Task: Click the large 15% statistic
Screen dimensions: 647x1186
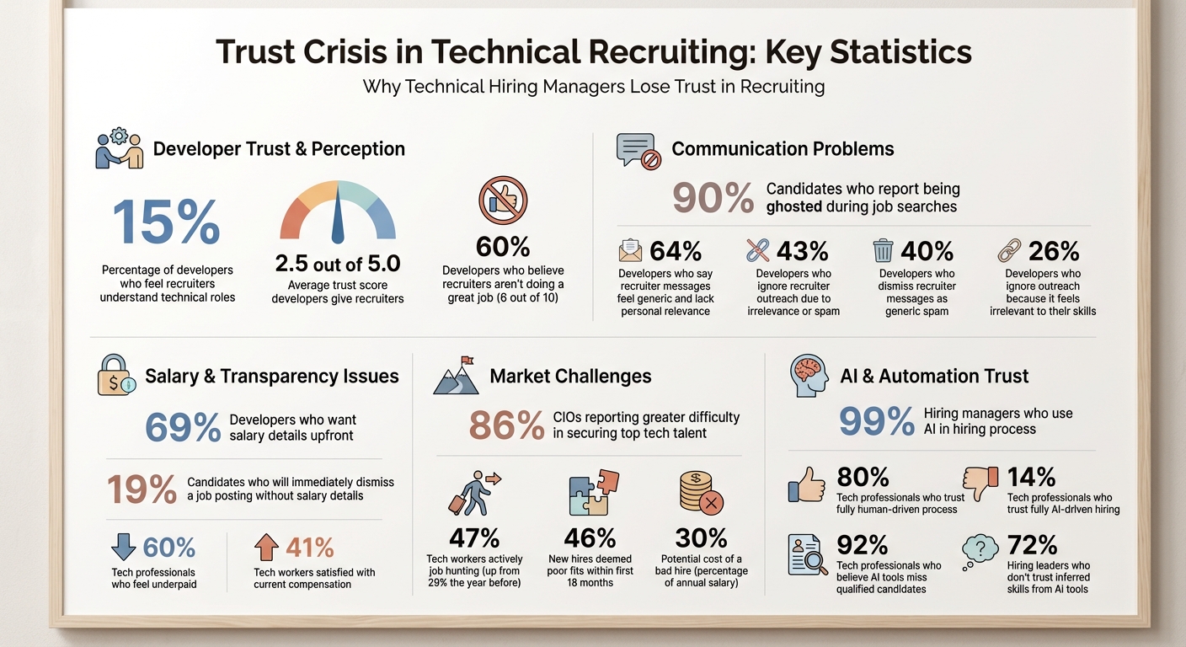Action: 166,222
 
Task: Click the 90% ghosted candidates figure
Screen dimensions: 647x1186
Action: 713,199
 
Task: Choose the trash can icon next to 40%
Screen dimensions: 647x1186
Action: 883,251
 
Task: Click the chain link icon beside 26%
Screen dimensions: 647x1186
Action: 1009,250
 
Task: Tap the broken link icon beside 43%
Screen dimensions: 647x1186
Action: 758,250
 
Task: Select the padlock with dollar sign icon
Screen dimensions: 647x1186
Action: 116,375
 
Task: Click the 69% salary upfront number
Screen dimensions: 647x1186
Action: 183,427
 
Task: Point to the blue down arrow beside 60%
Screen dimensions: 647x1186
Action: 123,548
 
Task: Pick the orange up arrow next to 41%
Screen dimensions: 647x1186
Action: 266,548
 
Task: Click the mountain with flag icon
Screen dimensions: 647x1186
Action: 456,376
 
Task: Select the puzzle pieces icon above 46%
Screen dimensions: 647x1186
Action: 593,493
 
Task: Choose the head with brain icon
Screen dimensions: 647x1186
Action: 809,376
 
